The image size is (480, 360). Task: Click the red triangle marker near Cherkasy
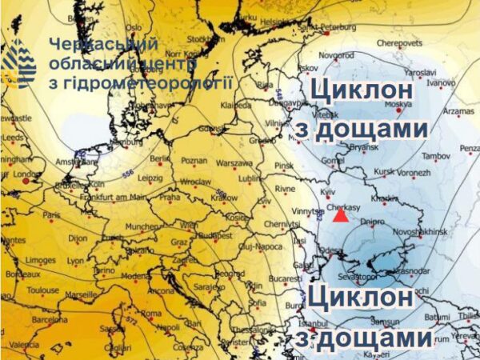341,214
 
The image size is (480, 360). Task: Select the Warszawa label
234,162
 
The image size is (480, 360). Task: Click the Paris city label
51,215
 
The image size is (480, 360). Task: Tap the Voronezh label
414,172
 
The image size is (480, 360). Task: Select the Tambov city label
436,154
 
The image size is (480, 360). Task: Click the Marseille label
80,294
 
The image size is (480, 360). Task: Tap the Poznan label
194,161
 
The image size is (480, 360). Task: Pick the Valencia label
23,345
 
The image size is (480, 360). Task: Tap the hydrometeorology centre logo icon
20,62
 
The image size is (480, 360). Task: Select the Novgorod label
336,55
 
